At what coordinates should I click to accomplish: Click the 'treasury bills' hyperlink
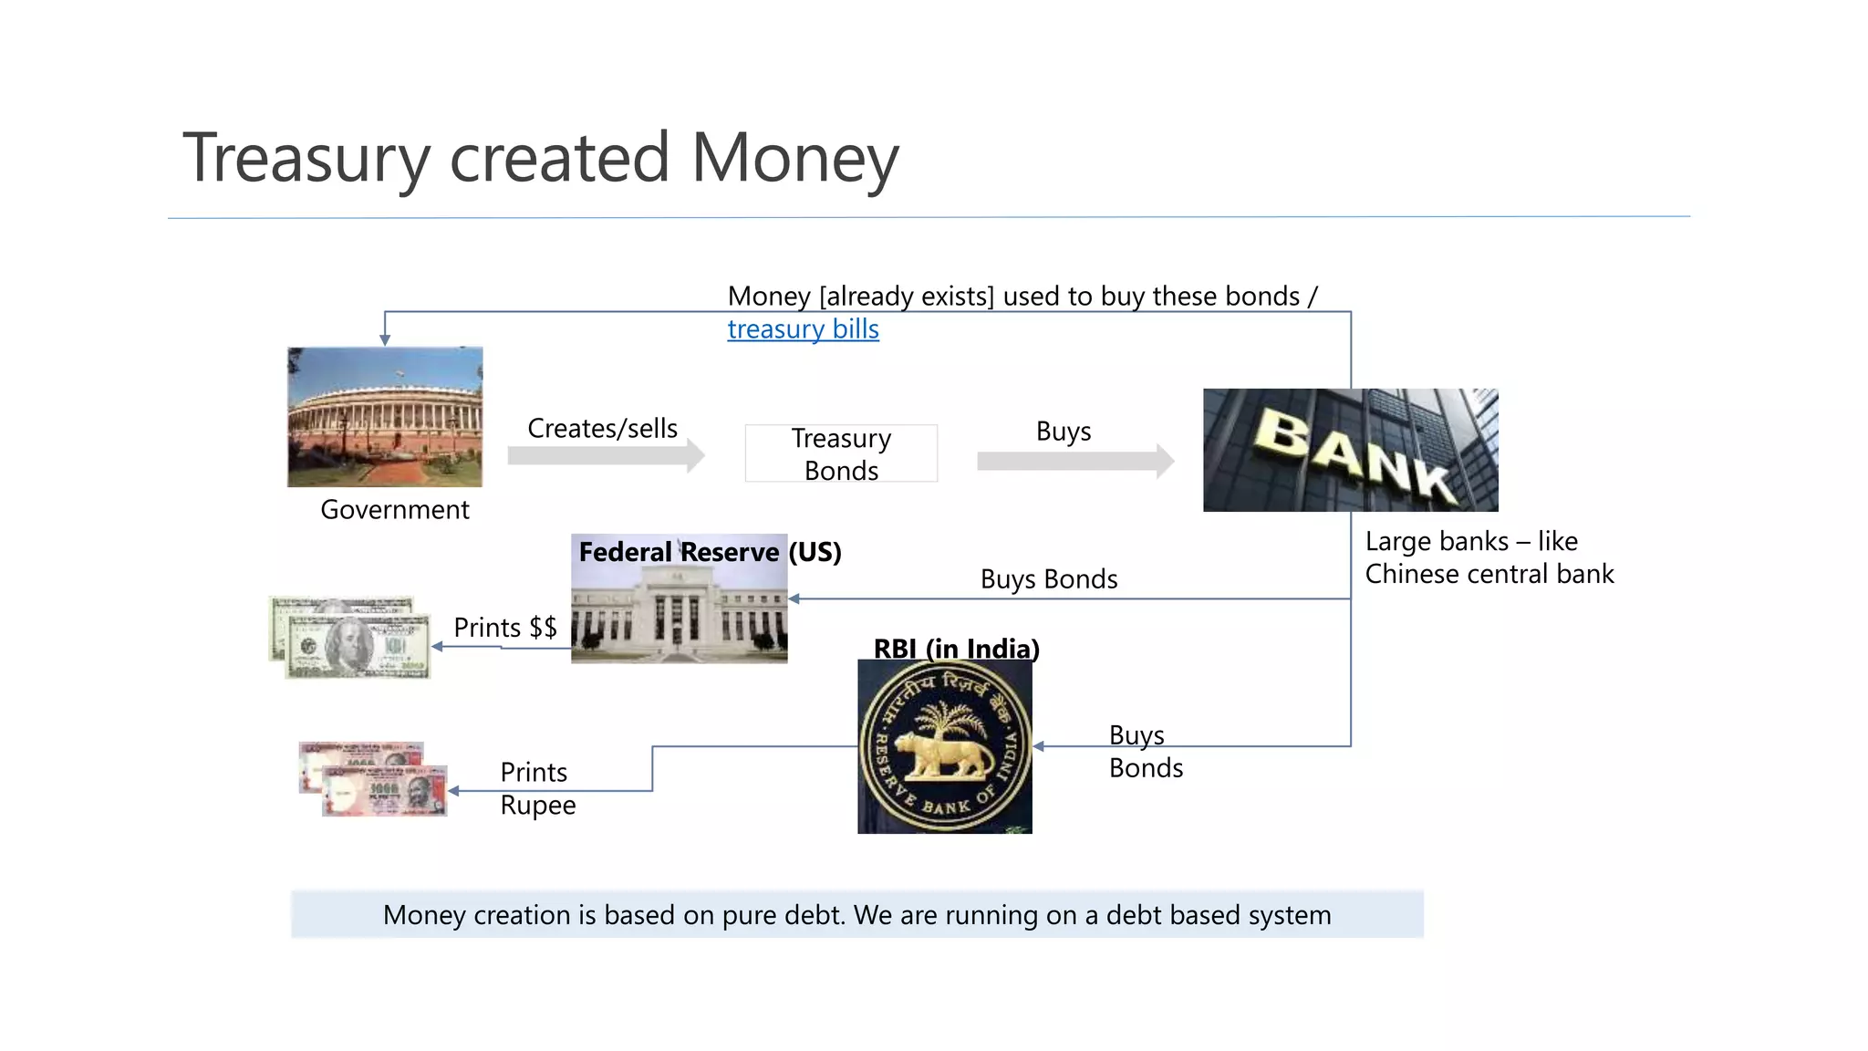pos(803,329)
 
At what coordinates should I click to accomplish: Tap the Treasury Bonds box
pos(841,453)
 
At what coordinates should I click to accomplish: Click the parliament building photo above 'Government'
pos(385,416)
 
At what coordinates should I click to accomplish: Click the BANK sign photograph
pos(1350,450)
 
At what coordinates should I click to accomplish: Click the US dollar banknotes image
pos(350,638)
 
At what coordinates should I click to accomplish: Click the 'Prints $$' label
pos(505,628)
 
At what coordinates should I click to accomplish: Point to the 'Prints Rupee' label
pos(537,789)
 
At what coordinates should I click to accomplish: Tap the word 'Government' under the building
pos(395,510)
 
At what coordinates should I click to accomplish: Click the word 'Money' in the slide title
pos(794,158)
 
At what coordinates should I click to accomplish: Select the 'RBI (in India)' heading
pos(956,649)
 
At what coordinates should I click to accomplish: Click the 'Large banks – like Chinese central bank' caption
pos(1489,557)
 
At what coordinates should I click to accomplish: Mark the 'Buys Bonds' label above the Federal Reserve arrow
pos(1049,579)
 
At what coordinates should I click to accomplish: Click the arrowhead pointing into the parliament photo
pos(385,340)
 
